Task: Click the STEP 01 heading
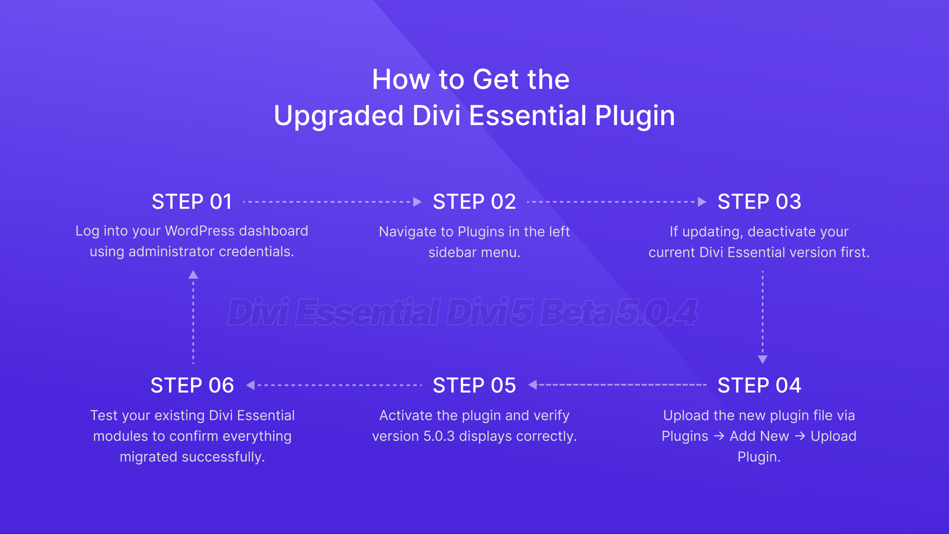point(192,202)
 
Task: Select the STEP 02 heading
point(474,202)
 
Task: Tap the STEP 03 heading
point(759,202)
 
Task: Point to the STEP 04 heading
point(759,385)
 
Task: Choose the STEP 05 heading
point(474,385)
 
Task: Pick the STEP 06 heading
point(192,385)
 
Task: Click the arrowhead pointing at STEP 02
point(417,202)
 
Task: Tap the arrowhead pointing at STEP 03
point(702,202)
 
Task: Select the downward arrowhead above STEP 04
point(763,359)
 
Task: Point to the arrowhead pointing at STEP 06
point(251,385)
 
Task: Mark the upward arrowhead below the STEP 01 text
point(193,275)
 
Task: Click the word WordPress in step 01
point(200,231)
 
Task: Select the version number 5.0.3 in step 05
point(439,436)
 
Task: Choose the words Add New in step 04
point(759,436)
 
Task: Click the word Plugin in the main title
point(635,116)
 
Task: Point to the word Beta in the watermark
point(575,312)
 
